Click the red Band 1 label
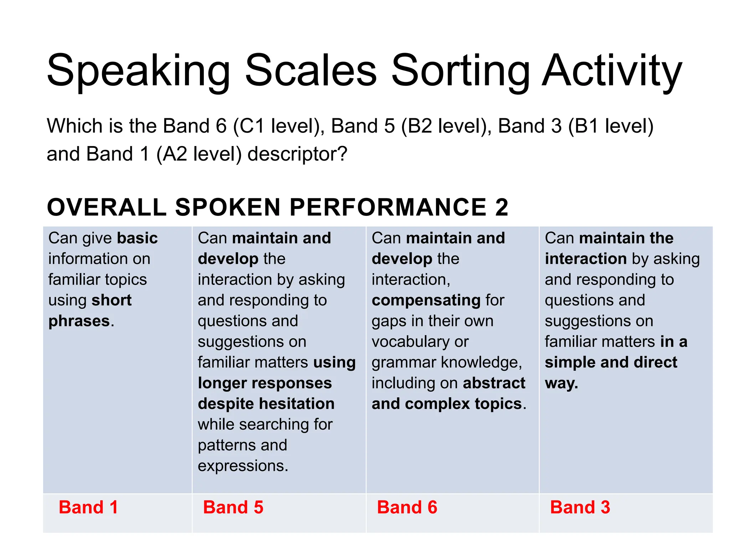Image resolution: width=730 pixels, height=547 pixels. point(88,507)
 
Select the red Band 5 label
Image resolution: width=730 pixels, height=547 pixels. point(233,507)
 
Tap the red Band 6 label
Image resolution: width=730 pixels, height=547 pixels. point(407,507)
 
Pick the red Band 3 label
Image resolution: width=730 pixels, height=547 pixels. point(580,507)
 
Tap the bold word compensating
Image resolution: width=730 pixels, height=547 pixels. point(426,300)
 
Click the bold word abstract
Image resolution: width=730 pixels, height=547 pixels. point(494,383)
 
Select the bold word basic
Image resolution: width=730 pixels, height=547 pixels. point(138,238)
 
